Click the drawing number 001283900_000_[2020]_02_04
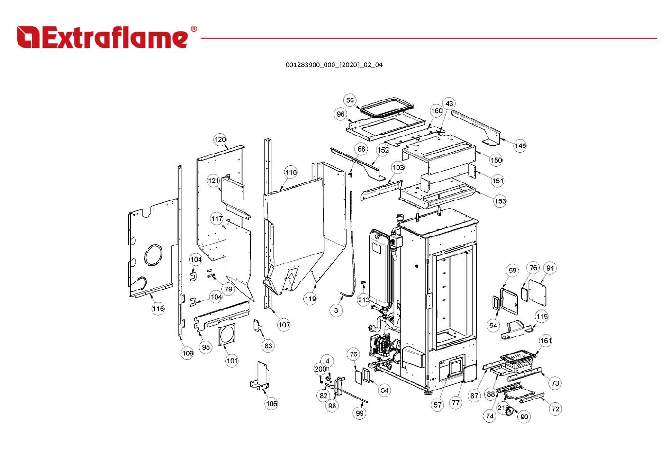[334, 65]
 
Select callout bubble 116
[158, 309]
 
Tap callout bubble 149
[520, 146]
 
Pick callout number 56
[350, 100]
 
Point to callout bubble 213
[363, 300]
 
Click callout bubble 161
[546, 341]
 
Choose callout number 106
[271, 404]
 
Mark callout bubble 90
[524, 417]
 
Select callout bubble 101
[232, 361]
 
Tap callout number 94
[550, 268]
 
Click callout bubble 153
[500, 201]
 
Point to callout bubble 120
[220, 139]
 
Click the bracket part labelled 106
[260, 376]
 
